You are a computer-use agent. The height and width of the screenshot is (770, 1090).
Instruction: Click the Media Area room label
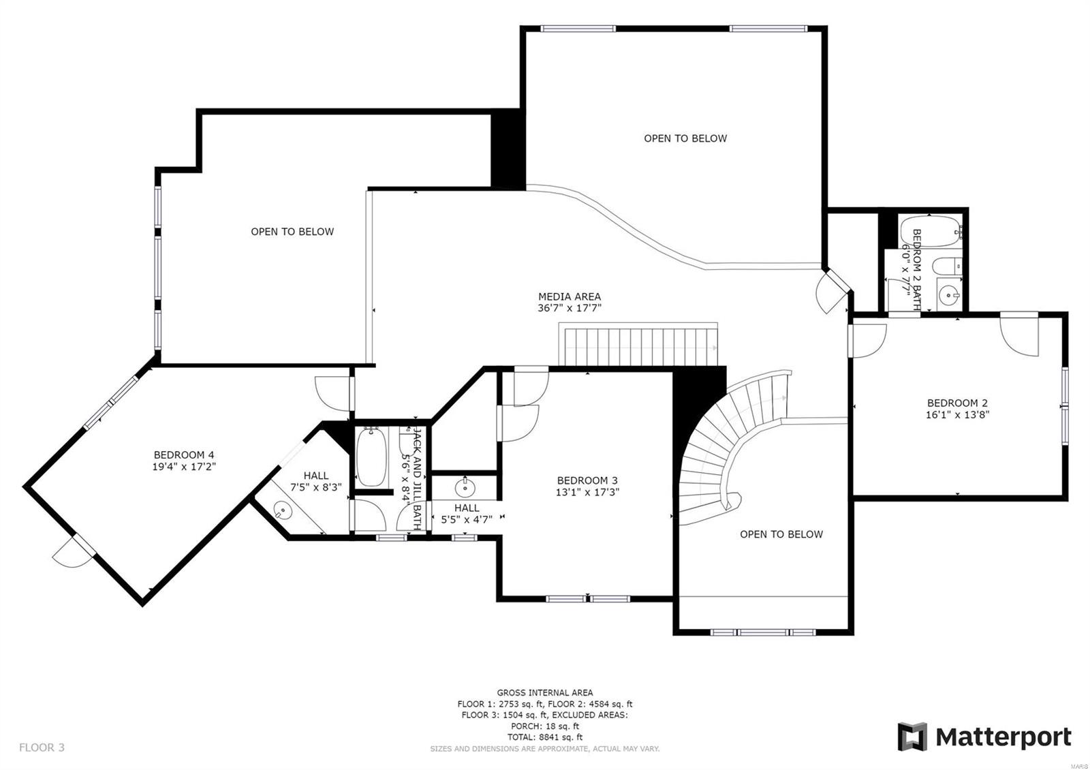point(570,296)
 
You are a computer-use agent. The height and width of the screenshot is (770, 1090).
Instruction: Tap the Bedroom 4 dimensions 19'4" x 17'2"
point(184,467)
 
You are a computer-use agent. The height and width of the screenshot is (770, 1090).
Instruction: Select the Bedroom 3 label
point(587,480)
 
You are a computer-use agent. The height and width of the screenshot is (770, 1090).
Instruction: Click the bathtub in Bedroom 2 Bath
point(928,232)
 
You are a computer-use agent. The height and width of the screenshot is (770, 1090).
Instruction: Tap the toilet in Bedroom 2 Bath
point(947,266)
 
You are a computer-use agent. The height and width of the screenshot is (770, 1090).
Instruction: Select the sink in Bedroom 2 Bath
point(948,295)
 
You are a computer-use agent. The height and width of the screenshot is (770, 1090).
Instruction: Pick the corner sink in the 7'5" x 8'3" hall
point(281,509)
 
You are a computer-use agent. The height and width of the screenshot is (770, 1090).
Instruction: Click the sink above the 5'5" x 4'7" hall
point(465,487)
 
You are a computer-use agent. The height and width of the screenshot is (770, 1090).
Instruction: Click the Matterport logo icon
point(912,737)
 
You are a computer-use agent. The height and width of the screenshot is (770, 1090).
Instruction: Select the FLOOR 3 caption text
point(42,748)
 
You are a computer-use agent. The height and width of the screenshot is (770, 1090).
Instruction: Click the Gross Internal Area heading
point(544,692)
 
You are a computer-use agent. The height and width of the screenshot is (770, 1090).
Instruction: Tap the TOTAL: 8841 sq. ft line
point(544,737)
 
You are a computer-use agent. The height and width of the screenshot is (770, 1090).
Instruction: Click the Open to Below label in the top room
point(685,138)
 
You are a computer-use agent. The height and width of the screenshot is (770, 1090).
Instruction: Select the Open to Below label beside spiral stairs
point(781,534)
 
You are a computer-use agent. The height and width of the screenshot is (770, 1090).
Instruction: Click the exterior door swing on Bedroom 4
point(72,552)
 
